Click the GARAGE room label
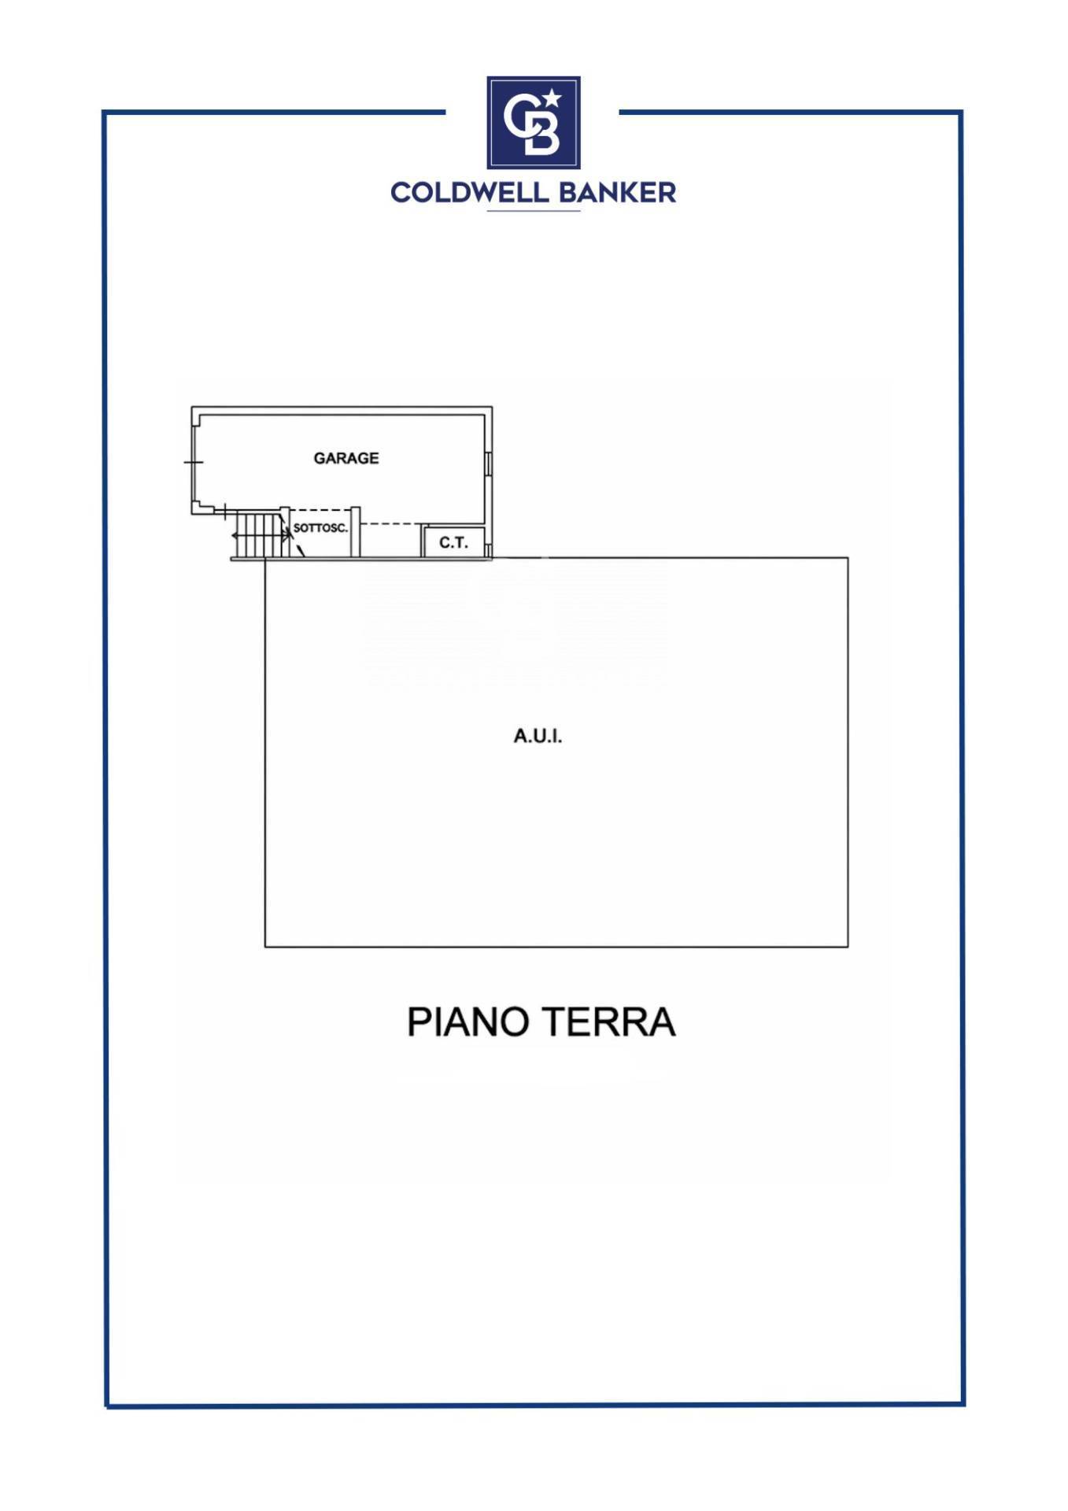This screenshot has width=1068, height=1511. tap(346, 458)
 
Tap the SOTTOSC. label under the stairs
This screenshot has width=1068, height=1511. tap(320, 528)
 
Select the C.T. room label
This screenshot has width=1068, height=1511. tap(453, 543)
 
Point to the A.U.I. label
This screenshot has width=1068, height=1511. tap(538, 737)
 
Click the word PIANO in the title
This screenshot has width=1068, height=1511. tap(467, 1022)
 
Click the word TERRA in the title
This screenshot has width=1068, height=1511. tap(608, 1022)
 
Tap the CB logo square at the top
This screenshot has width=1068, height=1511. tap(534, 122)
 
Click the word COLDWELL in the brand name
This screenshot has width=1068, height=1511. tap(471, 193)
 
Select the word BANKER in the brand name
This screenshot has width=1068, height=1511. tap(619, 193)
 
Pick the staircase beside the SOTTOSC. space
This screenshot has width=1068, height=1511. tap(259, 535)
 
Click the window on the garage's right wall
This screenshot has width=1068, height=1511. tap(489, 464)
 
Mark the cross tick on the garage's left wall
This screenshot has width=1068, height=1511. tap(194, 462)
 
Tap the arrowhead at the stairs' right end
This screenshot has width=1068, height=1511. tap(289, 535)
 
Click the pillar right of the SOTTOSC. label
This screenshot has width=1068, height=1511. tap(356, 532)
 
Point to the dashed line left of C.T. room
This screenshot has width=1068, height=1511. tap(390, 524)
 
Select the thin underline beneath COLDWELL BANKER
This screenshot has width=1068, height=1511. tap(534, 211)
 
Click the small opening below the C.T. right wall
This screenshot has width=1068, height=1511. tap(489, 550)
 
